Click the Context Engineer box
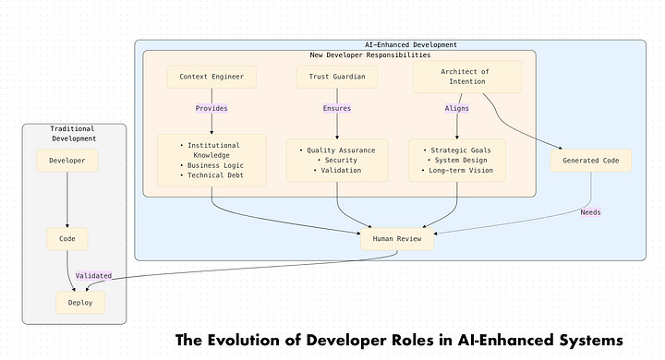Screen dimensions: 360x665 (x=212, y=77)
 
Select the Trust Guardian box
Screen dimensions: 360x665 (x=337, y=77)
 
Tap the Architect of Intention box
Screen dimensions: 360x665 (x=467, y=77)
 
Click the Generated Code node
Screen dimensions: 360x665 (x=591, y=161)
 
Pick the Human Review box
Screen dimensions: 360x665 (x=397, y=238)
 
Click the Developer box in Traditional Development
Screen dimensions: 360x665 (x=66, y=161)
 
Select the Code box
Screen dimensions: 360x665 (x=66, y=238)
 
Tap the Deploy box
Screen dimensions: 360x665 (x=79, y=301)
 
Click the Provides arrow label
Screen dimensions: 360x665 (x=212, y=108)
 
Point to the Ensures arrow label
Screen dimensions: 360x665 (x=336, y=108)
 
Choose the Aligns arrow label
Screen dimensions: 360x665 (x=457, y=108)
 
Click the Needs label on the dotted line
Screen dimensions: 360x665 (x=590, y=212)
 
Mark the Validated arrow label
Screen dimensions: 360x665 (x=93, y=275)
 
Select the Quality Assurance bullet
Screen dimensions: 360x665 (x=337, y=150)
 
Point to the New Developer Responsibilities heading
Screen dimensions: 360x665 (x=357, y=55)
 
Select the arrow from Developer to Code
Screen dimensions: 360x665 (x=66, y=199)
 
